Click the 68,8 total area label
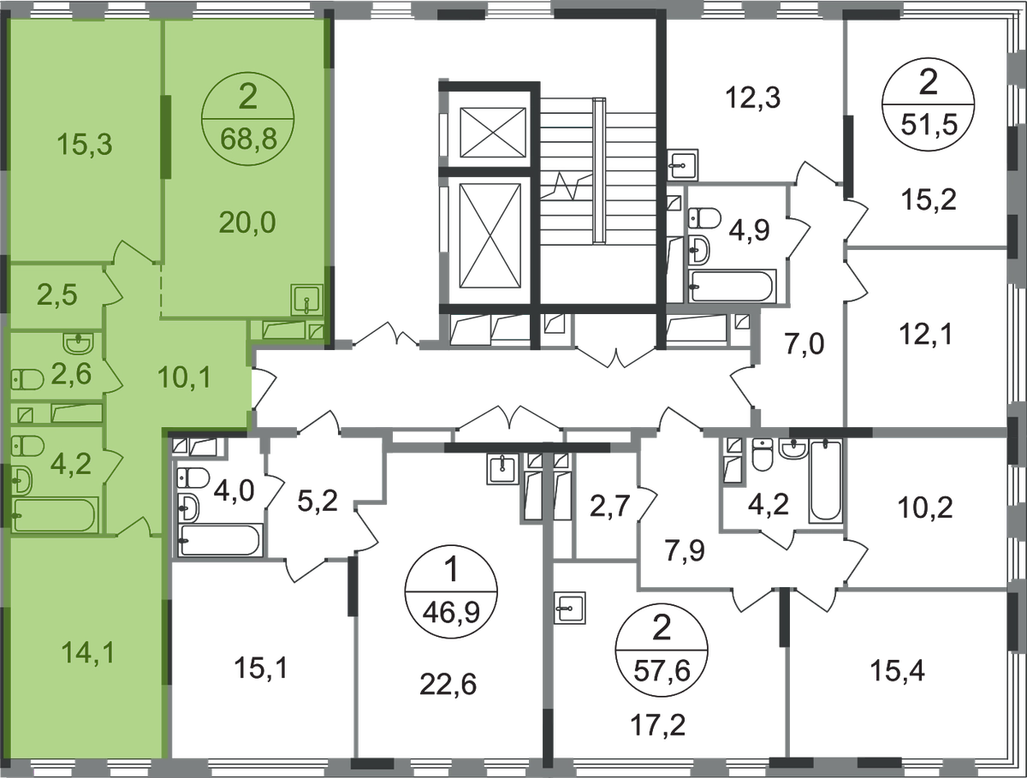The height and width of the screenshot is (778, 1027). pyautogui.click(x=248, y=140)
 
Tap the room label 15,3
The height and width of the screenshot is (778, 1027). pyautogui.click(x=85, y=144)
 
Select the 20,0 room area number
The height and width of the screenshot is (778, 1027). pyautogui.click(x=247, y=223)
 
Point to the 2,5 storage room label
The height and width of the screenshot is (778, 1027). pyautogui.click(x=57, y=295)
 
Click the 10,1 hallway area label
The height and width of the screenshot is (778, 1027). pyautogui.click(x=184, y=377)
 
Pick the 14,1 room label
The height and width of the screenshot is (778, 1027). pyautogui.click(x=88, y=653)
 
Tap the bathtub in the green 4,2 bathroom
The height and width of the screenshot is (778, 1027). pyautogui.click(x=56, y=514)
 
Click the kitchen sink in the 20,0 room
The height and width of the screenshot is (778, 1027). pyautogui.click(x=306, y=300)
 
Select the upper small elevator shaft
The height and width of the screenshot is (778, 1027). pyautogui.click(x=493, y=133)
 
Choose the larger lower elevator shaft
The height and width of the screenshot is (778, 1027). pyautogui.click(x=490, y=235)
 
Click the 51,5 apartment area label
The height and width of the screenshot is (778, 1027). pyautogui.click(x=929, y=126)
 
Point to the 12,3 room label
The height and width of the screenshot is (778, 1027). pyautogui.click(x=753, y=98)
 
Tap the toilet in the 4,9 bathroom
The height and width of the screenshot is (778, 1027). pyautogui.click(x=704, y=218)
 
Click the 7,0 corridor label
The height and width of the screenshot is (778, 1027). pyautogui.click(x=804, y=344)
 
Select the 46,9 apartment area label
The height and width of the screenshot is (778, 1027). pyautogui.click(x=451, y=612)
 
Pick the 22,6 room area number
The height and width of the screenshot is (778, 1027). pyautogui.click(x=448, y=685)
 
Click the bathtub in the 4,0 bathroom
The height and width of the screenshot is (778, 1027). pyautogui.click(x=218, y=540)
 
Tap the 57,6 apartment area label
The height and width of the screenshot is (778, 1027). pyautogui.click(x=662, y=671)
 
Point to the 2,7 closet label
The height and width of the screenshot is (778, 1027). pyautogui.click(x=609, y=507)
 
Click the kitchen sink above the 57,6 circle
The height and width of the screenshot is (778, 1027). pyautogui.click(x=570, y=608)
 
